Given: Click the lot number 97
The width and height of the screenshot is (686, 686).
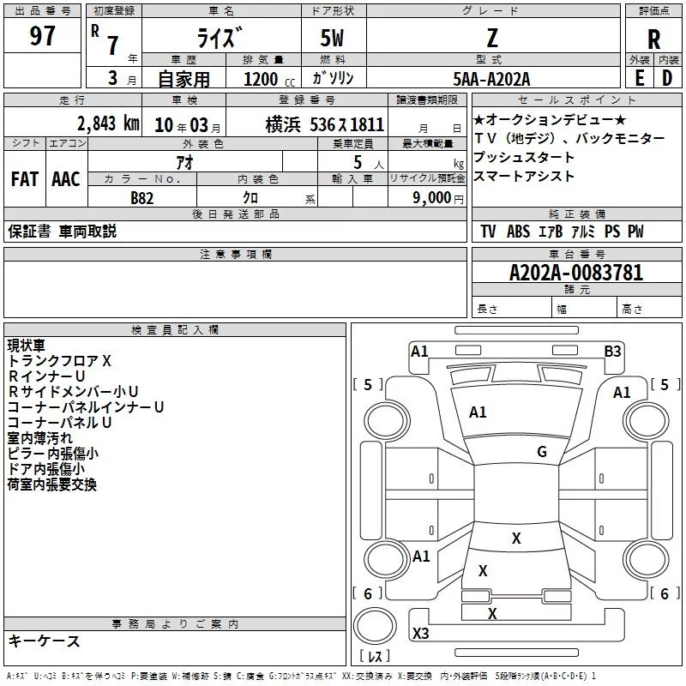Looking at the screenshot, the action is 42,37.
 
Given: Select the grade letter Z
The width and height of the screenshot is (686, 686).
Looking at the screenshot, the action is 492,38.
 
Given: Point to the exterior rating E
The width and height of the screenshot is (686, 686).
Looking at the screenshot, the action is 639,78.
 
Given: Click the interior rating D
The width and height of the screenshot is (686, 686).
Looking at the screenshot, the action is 667,78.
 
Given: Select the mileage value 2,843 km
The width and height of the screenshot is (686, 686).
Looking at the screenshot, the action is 108,123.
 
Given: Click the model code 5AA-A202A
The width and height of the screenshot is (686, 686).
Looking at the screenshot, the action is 492,79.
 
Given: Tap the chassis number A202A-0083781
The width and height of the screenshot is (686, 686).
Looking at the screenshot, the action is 575,273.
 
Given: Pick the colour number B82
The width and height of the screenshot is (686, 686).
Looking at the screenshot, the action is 142,197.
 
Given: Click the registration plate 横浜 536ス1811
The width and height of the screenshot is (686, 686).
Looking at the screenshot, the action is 324,123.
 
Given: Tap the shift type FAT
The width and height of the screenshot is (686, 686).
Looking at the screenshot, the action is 24,178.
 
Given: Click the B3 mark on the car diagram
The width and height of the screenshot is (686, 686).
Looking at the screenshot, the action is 612,351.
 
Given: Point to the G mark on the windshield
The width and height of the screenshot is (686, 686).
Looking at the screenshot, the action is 541,452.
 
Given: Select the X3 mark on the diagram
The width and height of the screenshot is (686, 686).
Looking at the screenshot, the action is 420,634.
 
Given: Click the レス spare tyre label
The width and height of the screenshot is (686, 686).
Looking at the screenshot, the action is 376,657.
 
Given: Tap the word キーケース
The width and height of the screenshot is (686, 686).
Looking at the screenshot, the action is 45,641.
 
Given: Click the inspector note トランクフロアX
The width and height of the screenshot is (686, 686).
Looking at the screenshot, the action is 59,361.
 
